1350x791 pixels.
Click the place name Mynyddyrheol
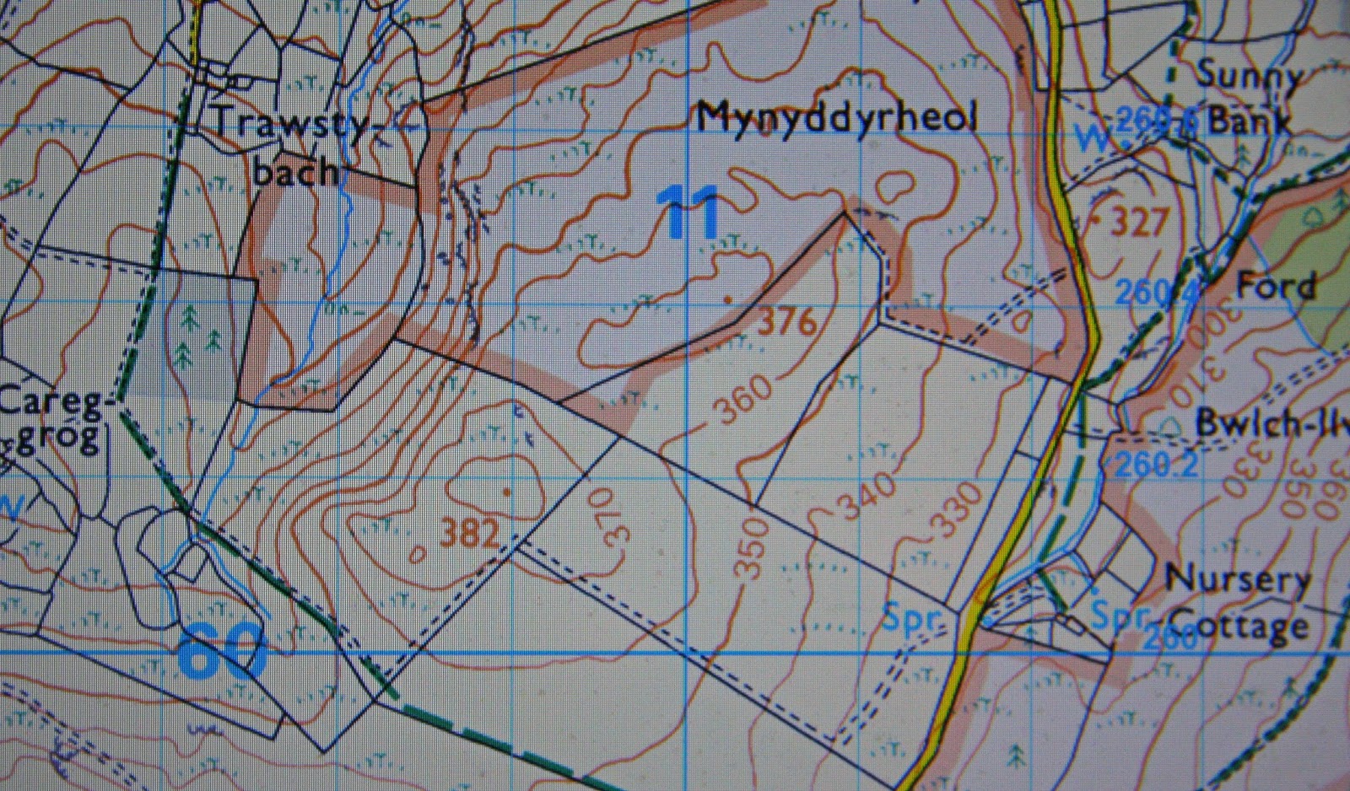coord(836,117)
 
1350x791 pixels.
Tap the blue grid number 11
coord(689,213)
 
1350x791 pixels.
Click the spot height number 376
coord(789,321)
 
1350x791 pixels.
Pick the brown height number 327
coord(1139,223)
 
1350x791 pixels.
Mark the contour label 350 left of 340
coord(752,548)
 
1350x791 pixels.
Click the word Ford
coord(1276,287)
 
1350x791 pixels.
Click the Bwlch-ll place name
coord(1271,424)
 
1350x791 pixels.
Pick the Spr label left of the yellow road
coord(911,620)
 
